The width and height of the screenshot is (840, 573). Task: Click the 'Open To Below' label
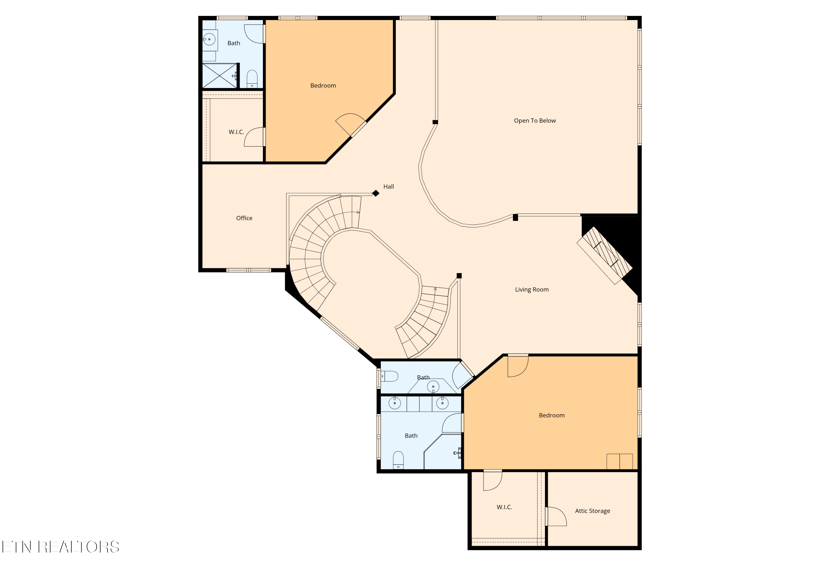(535, 121)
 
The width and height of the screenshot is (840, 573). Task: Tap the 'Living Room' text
(532, 290)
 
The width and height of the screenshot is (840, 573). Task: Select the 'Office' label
(244, 218)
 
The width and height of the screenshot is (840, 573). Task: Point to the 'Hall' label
(389, 187)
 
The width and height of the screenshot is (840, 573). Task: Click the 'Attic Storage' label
(592, 511)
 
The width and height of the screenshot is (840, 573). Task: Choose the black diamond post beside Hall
(376, 194)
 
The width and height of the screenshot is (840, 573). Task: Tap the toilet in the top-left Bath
(252, 79)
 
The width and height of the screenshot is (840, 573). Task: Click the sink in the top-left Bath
(209, 39)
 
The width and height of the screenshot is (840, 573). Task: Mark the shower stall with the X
(220, 76)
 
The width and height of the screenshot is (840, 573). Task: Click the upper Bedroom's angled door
(351, 125)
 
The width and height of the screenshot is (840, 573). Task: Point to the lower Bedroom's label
(552, 415)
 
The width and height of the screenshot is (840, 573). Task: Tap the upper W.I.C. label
(236, 132)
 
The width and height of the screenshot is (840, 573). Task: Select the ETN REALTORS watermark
(60, 547)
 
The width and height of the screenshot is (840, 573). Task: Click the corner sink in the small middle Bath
(433, 387)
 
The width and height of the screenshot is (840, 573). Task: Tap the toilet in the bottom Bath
(398, 460)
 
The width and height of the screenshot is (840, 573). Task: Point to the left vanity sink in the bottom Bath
(395, 403)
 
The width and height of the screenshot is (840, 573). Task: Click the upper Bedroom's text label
(323, 86)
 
